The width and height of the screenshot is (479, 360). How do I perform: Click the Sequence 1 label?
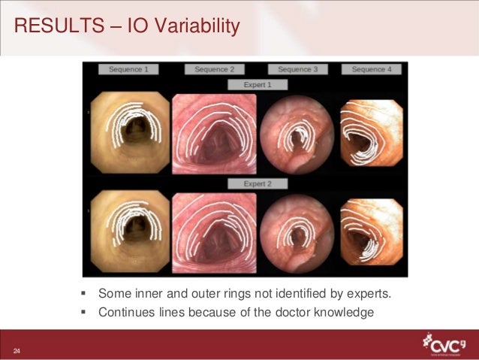(128, 69)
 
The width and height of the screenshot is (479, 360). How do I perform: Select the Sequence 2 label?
(214, 69)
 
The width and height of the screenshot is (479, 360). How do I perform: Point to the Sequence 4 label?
(371, 69)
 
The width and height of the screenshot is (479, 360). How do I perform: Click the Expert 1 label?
(257, 86)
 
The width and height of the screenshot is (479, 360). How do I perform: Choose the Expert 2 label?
(257, 183)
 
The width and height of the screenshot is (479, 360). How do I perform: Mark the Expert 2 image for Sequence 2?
(214, 231)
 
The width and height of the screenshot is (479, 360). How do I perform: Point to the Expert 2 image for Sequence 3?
(297, 232)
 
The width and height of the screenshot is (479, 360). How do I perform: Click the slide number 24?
(16, 351)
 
